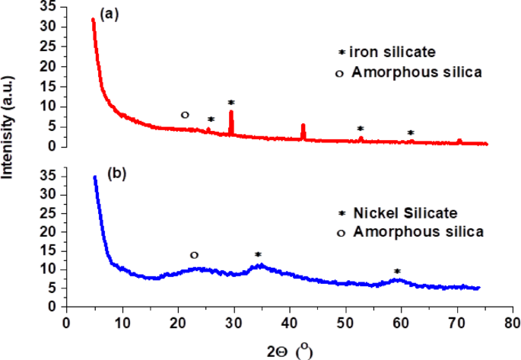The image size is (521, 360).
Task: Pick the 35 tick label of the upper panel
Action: (x=50, y=6)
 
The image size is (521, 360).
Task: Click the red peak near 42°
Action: (x=303, y=126)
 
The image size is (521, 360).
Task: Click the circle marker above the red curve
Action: (x=184, y=115)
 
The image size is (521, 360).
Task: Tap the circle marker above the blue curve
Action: (x=194, y=255)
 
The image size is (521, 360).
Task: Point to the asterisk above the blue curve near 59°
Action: (x=396, y=272)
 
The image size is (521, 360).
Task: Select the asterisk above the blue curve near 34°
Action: (x=258, y=255)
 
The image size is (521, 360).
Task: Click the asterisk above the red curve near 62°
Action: (x=411, y=133)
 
